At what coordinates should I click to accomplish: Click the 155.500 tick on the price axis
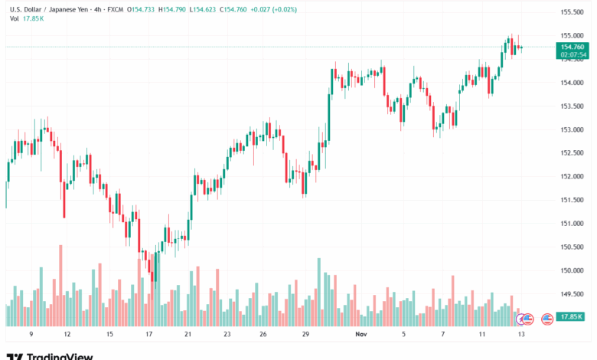[573, 12]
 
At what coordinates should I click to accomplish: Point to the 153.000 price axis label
[573, 129]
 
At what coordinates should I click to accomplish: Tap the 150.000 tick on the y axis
[573, 270]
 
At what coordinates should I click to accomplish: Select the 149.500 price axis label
[573, 294]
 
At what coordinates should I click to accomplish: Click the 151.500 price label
[573, 200]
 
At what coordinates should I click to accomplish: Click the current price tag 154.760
[573, 47]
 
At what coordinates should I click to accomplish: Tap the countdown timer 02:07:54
[573, 55]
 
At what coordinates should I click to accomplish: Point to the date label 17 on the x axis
[148, 335]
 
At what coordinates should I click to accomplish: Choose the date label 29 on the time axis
[305, 335]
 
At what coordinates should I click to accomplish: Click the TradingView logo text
[60, 356]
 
